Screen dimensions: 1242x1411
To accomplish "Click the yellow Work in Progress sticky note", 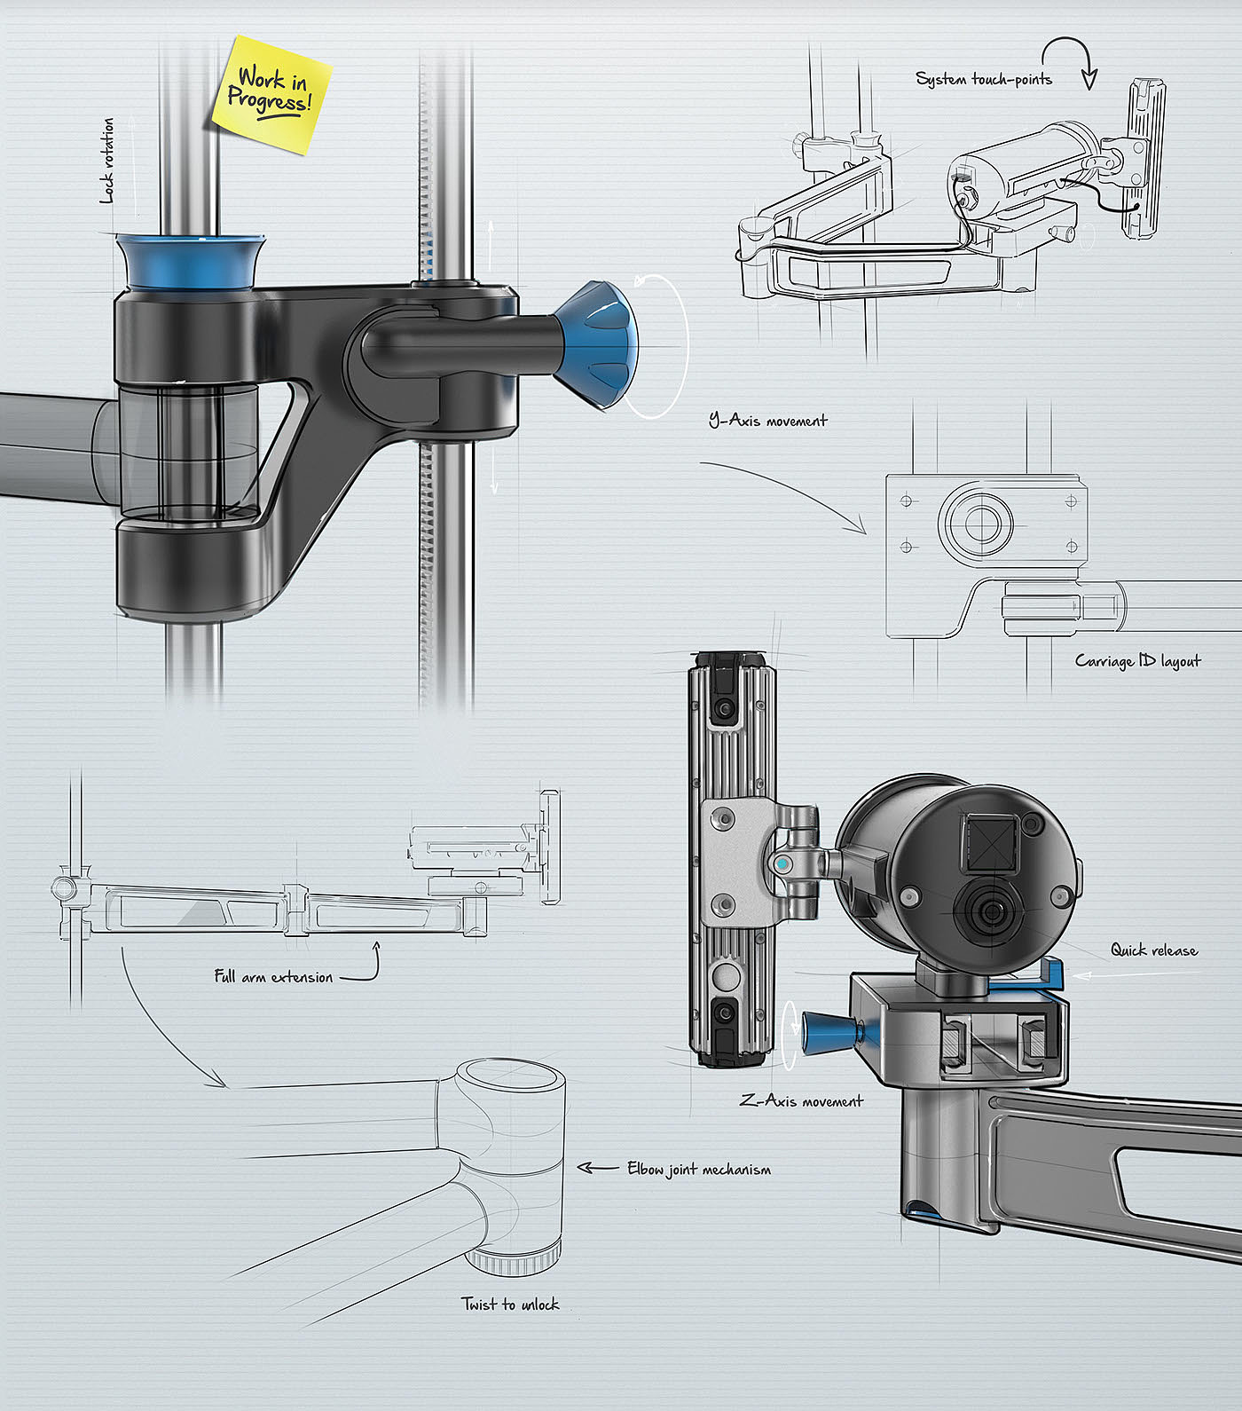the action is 271,93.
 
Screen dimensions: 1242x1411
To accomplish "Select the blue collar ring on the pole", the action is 190,261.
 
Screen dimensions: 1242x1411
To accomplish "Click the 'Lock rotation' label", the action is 107,161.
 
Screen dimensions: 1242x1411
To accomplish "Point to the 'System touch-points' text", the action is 983,80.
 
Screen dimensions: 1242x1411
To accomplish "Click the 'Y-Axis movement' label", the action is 768,421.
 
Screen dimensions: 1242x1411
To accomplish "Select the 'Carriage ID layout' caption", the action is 1137,661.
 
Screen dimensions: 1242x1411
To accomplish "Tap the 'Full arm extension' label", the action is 273,977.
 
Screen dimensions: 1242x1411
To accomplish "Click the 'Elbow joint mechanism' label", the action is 699,1170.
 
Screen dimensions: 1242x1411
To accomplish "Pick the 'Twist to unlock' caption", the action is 510,1305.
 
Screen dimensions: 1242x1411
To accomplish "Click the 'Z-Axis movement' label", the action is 801,1101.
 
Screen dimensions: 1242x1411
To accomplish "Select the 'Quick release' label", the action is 1154,950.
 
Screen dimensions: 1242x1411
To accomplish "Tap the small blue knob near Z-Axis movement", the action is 826,1032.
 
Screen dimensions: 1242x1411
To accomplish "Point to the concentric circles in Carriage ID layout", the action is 975,520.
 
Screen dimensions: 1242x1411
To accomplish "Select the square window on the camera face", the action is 984,839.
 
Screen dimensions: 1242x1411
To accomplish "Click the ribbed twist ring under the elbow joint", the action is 515,1259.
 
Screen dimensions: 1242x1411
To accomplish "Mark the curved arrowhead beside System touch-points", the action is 1089,79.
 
